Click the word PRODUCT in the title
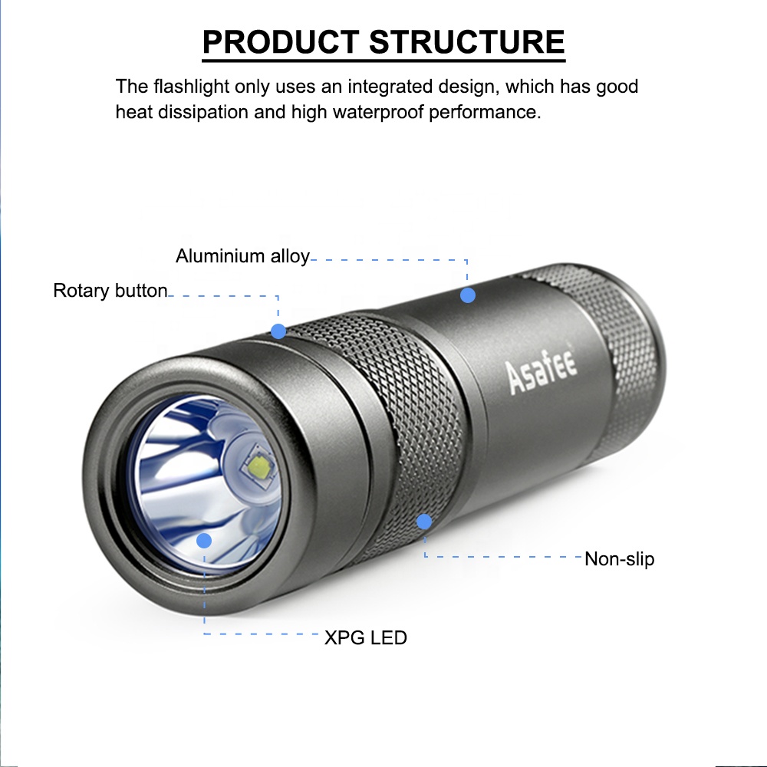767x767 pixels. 281,41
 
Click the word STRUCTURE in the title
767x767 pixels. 467,41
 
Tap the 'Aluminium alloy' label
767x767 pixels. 242,256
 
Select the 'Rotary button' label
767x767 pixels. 110,291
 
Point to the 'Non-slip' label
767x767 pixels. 619,558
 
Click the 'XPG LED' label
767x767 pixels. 366,638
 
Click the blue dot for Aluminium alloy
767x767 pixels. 468,295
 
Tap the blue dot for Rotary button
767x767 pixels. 278,331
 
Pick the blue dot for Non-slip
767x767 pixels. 424,522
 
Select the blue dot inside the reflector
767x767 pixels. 204,541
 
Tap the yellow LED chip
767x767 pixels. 259,466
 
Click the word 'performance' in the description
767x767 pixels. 485,112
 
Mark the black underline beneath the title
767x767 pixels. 383,61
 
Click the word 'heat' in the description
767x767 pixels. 133,112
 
